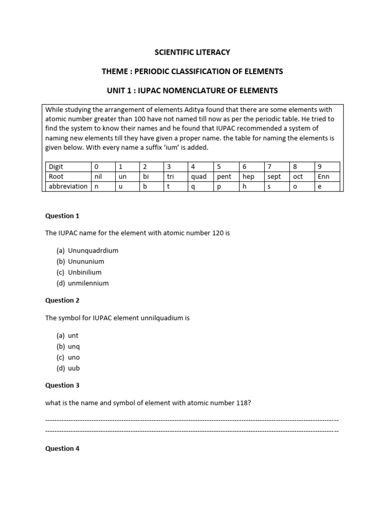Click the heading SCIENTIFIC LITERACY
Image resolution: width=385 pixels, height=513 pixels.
pos(192,52)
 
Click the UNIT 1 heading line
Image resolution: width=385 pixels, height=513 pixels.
pos(192,91)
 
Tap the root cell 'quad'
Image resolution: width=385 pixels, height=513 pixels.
pos(199,176)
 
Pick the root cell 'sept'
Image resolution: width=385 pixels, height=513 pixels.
pos(274,176)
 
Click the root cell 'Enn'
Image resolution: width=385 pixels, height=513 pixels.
pos(323,176)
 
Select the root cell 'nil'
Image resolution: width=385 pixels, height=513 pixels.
pos(98,176)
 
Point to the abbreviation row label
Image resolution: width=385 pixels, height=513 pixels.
pos(67,186)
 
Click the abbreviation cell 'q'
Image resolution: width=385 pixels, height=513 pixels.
pos(194,186)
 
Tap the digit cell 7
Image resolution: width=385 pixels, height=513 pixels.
pos(270,166)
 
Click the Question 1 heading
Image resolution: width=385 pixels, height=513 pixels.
pos(62,216)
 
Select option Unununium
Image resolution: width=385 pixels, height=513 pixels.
pos(86,261)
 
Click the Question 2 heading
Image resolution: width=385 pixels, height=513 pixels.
pos(62,300)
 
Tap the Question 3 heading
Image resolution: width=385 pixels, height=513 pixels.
pos(62,385)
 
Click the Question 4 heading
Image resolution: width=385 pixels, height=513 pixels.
pos(62,448)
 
